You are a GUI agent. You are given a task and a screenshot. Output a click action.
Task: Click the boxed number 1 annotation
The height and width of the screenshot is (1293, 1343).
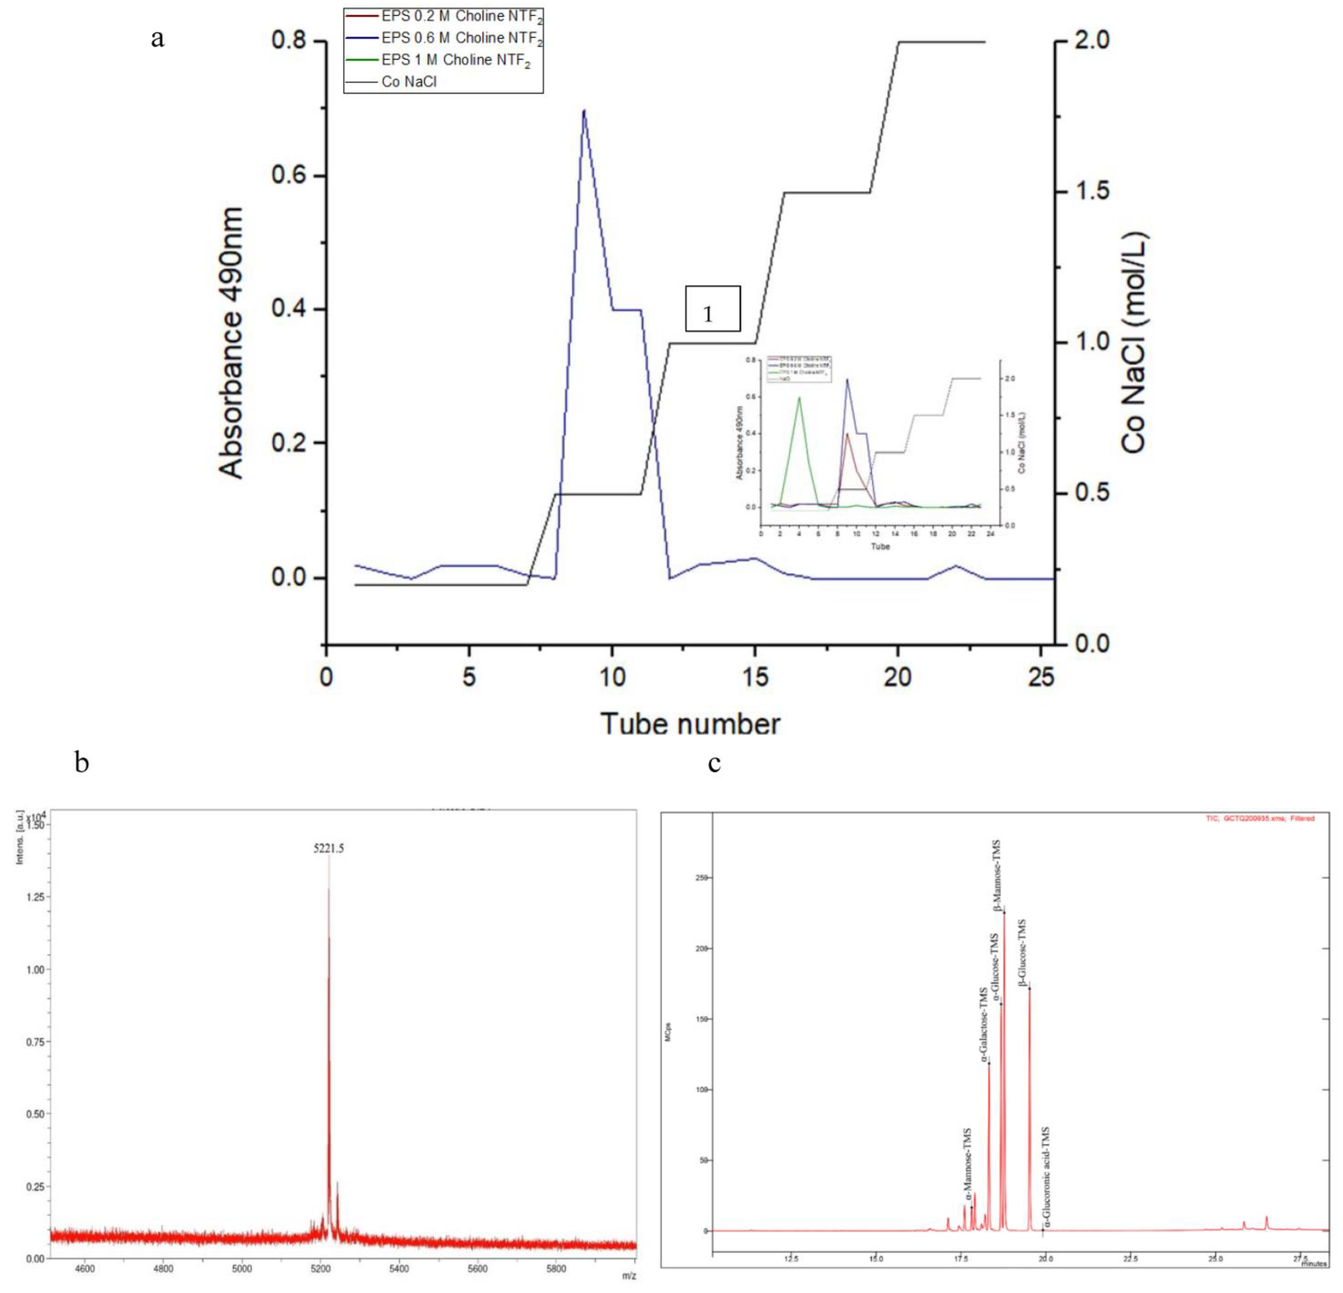coord(713,309)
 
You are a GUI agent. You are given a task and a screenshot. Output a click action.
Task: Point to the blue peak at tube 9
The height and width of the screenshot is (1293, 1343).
coord(583,111)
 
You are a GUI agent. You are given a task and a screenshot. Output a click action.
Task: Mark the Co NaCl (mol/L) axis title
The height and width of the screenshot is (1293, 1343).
coord(1134,343)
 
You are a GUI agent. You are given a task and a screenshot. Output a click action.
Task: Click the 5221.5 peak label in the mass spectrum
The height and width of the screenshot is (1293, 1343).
coord(329,848)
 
